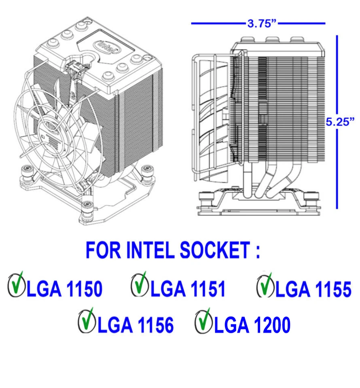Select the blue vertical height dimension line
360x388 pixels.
pyautogui.click(x=337, y=162)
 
